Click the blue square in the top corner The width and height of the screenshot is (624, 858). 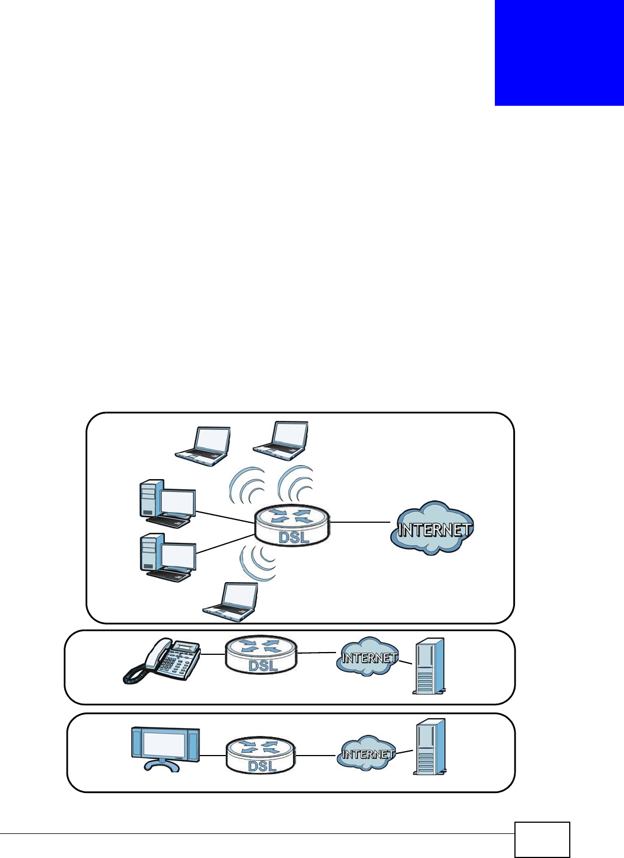[x=559, y=53]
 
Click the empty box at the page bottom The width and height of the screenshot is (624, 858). [x=542, y=840]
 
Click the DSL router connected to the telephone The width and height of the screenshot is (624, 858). [x=261, y=654]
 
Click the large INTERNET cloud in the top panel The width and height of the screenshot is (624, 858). [x=432, y=527]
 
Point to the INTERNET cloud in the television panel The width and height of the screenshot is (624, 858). [x=367, y=753]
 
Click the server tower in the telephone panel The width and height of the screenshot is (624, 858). [x=429, y=666]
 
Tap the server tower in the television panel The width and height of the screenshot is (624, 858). [x=429, y=747]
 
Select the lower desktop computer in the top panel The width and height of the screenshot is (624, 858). [x=167, y=558]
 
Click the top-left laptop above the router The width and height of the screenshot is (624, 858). [x=204, y=446]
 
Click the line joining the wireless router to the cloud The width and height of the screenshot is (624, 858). [x=360, y=522]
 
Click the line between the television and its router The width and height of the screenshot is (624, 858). [x=212, y=756]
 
